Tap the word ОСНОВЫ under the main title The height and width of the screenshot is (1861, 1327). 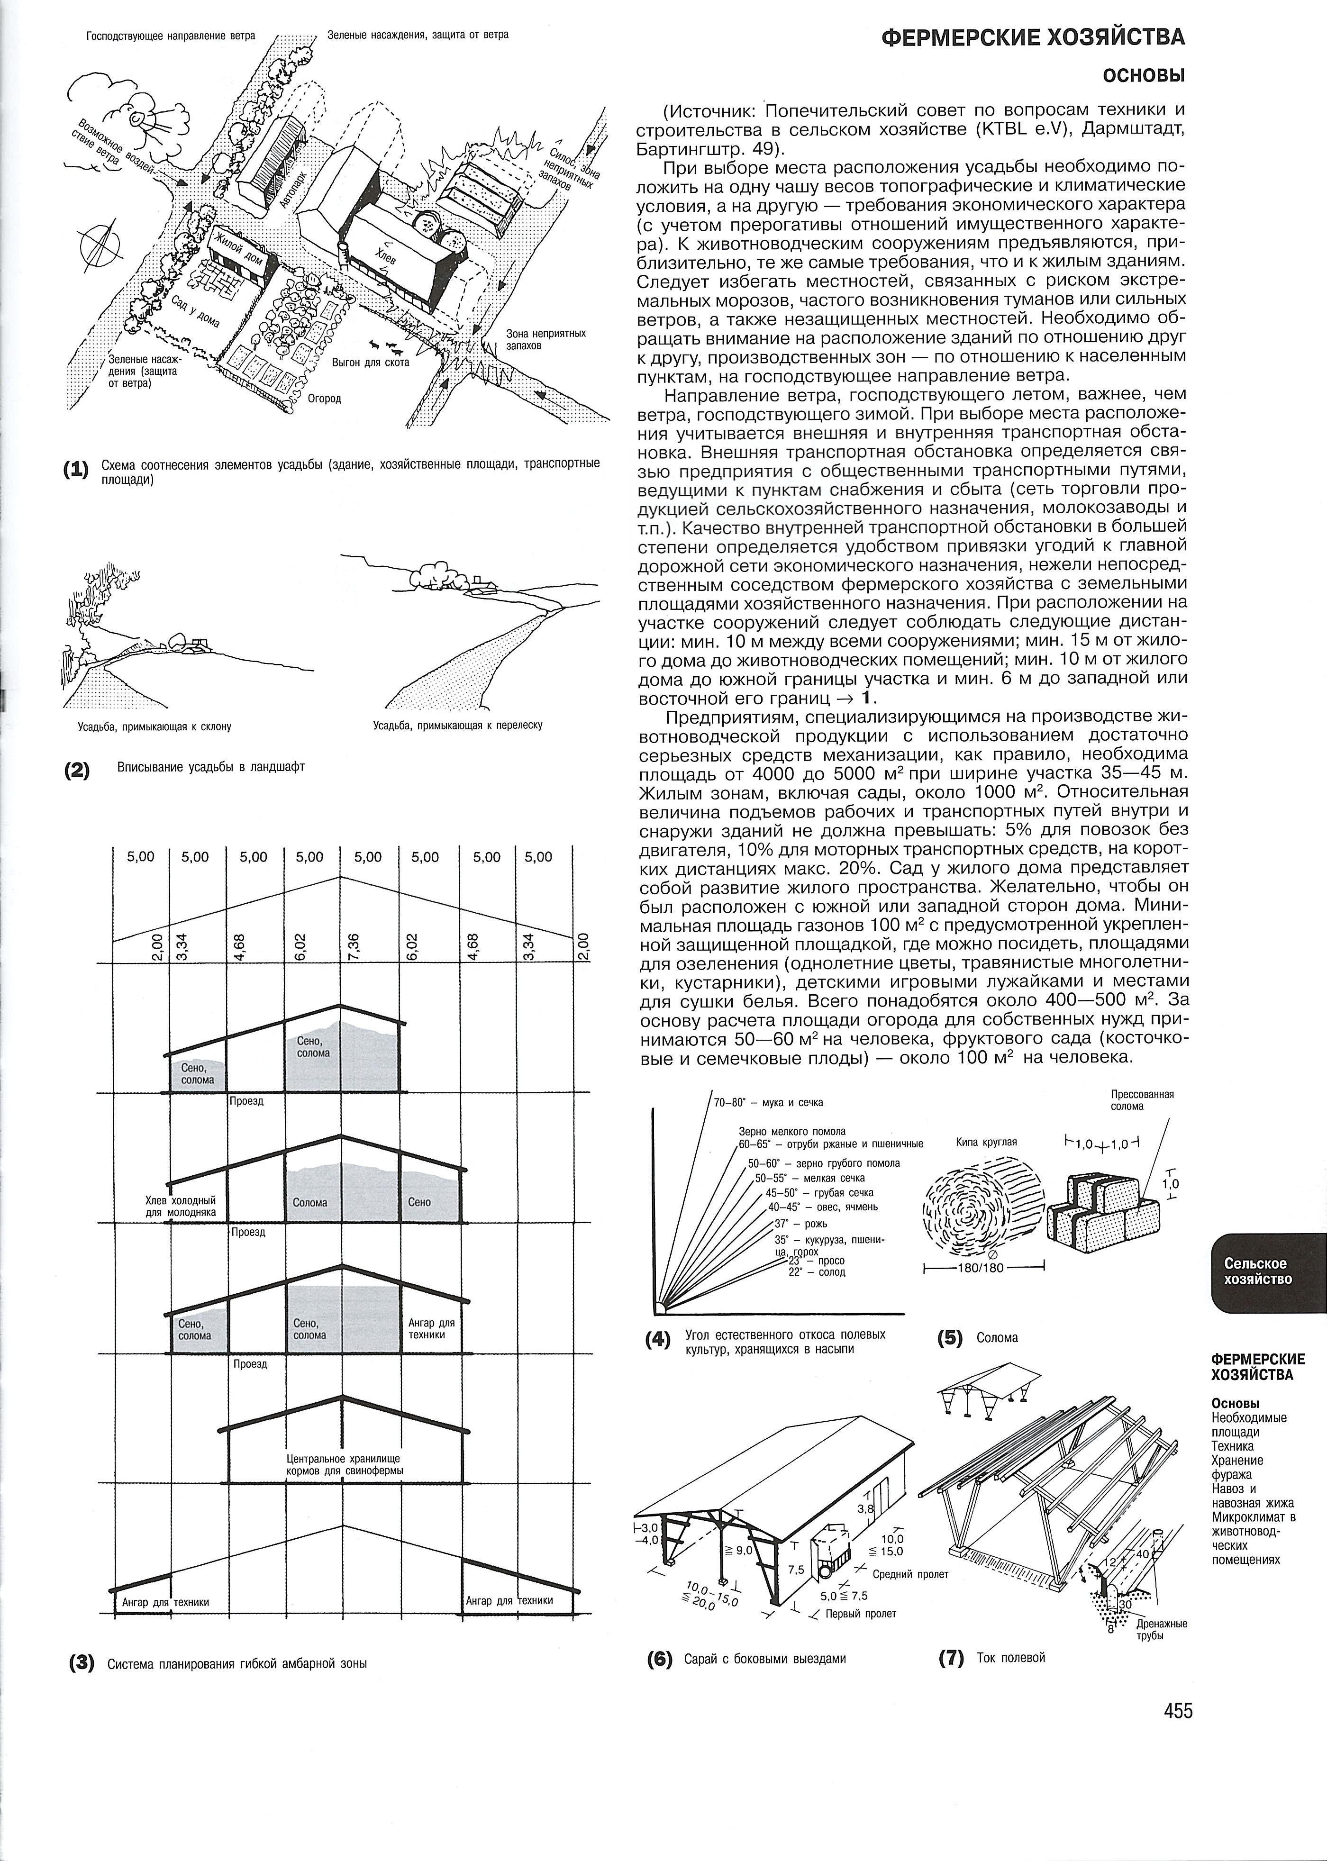(1144, 76)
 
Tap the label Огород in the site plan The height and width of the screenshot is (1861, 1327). (324, 399)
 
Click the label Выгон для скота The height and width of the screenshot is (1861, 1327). (370, 362)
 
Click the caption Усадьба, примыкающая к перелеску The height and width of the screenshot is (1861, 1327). (458, 726)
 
